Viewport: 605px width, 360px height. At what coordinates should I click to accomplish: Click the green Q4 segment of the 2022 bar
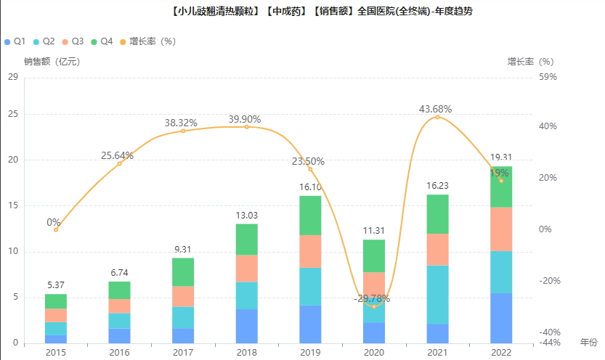click(x=500, y=187)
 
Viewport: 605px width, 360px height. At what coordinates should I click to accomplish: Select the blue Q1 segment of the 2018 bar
click(x=246, y=326)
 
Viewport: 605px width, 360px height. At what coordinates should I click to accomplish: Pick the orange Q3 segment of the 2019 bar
click(x=310, y=251)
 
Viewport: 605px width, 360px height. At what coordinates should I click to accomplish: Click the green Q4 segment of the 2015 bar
click(x=56, y=301)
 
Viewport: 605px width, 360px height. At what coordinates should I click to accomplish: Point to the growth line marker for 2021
click(x=437, y=117)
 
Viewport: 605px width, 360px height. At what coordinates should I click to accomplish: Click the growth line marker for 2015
click(x=56, y=229)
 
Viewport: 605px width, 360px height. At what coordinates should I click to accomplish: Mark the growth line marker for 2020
click(x=373, y=306)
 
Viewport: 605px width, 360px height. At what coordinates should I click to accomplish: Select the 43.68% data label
click(x=436, y=109)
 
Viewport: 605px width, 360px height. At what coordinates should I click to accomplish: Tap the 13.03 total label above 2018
click(x=246, y=216)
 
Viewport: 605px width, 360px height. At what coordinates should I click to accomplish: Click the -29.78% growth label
click(x=372, y=298)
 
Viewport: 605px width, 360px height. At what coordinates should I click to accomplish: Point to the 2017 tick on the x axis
click(x=183, y=352)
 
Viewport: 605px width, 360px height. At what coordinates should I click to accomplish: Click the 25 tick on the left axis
click(x=13, y=114)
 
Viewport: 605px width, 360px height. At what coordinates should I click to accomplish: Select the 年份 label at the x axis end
click(x=589, y=341)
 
